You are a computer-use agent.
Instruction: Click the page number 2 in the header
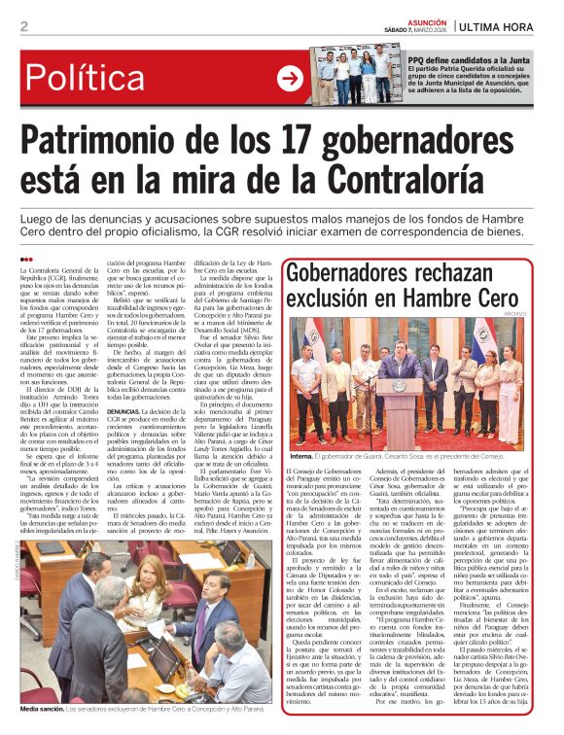click(23, 25)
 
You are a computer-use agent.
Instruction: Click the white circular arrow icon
click(290, 79)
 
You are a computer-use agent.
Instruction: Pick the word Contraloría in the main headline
click(379, 181)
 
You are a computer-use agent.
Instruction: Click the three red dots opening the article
click(26, 259)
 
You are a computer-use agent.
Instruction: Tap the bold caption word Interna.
click(301, 456)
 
